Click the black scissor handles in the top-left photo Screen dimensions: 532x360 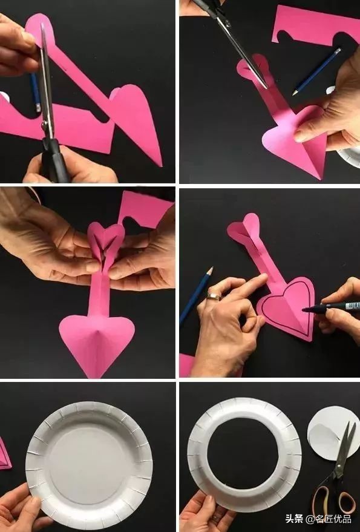[57, 159]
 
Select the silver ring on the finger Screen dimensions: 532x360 [214, 297]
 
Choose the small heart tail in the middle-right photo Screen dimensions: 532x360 [243, 228]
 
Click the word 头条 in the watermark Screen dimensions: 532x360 [295, 519]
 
